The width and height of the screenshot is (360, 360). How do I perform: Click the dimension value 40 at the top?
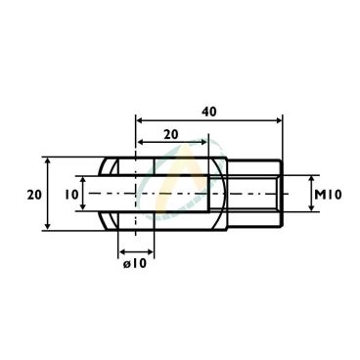tap(208, 112)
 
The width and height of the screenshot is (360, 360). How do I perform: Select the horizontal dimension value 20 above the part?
tap(171, 134)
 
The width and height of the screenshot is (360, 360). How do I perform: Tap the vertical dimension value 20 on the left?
tap(34, 195)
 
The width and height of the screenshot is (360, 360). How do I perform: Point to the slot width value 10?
tap(71, 195)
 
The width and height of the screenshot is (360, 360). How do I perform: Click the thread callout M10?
tap(328, 195)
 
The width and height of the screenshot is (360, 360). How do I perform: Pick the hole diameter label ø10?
tap(135, 263)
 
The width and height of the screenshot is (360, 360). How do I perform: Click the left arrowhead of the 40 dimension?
tap(140, 120)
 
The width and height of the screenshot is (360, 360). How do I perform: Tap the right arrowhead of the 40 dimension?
tap(278, 120)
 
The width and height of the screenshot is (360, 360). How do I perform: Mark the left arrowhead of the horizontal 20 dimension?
tap(140, 142)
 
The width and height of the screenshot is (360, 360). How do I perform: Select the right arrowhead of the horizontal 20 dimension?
tap(203, 142)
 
